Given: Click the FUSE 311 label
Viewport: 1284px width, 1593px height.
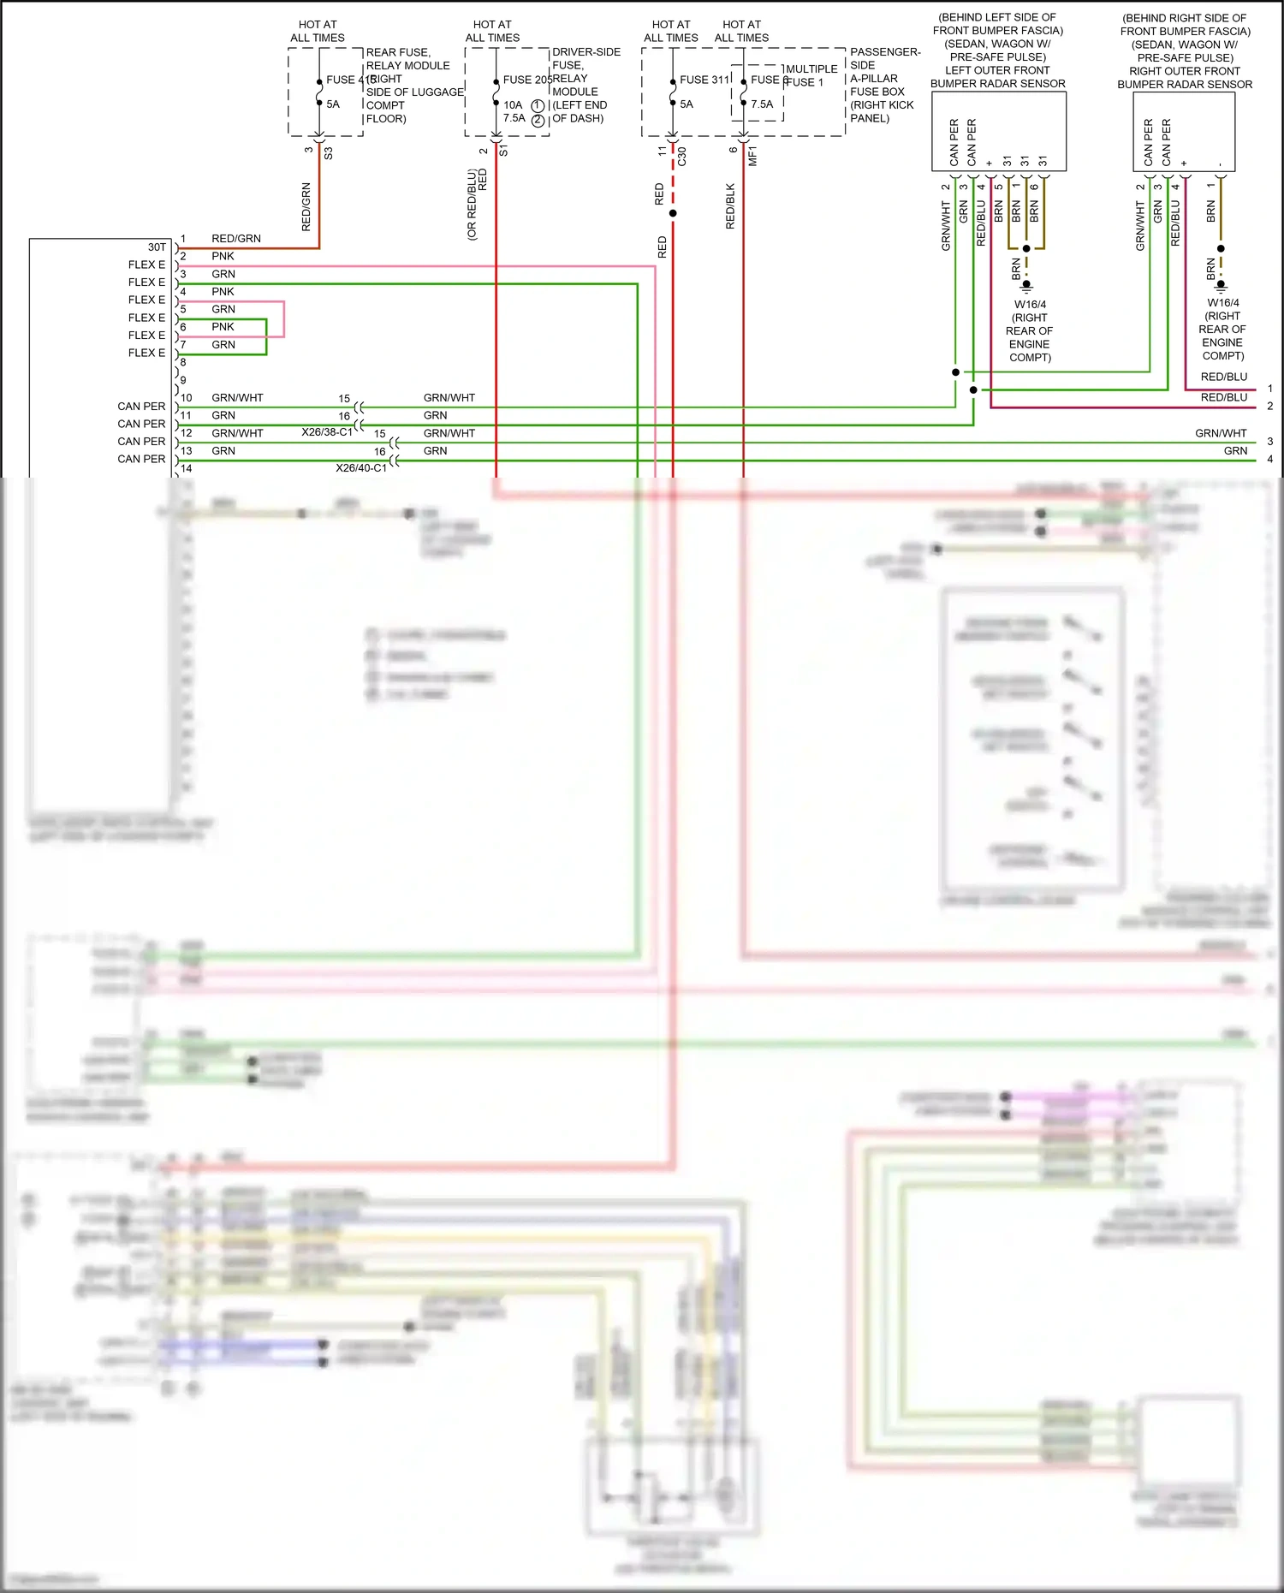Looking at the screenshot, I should [704, 80].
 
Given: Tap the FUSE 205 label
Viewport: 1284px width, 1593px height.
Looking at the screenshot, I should [526, 80].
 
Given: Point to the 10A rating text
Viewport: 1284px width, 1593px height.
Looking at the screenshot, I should [513, 104].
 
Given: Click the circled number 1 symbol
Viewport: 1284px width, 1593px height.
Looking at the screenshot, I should [538, 105].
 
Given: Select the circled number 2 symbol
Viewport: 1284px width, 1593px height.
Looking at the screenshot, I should [538, 120].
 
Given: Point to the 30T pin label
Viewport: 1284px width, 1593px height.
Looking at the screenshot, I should [157, 247].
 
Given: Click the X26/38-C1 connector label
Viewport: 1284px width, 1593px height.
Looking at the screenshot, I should [327, 432].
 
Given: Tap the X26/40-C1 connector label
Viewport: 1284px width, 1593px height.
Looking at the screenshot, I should [361, 467].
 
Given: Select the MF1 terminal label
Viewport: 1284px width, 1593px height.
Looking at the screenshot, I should [752, 156].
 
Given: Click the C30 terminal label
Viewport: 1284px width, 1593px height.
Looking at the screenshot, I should [682, 157].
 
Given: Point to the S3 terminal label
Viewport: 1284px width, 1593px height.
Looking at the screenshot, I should [329, 153].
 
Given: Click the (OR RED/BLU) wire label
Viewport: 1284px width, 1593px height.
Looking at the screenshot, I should [472, 205].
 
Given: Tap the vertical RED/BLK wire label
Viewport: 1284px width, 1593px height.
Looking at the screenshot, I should [730, 205].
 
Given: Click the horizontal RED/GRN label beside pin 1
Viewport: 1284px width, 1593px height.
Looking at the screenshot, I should [236, 239].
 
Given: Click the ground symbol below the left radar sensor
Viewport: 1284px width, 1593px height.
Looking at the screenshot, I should [1026, 288].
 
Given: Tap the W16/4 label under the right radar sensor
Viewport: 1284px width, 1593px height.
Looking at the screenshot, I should [1223, 303].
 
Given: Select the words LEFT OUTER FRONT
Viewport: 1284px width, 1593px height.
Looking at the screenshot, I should [997, 70].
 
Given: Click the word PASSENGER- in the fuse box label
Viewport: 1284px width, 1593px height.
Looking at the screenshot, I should [885, 52].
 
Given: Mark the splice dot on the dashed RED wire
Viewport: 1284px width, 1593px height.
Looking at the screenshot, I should [673, 213].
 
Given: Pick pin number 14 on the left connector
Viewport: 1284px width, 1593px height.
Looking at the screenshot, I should [187, 468].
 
